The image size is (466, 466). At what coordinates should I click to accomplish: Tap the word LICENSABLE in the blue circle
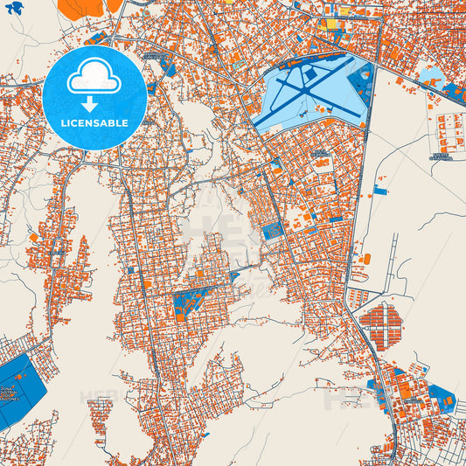pos(94,123)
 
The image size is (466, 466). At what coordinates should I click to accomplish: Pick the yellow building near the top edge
pos(332,24)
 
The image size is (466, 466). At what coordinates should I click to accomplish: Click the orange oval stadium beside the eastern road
pos(366,259)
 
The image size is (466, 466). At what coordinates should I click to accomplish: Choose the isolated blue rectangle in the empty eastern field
pos(380,190)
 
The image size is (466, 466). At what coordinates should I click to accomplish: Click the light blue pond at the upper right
pos(430,76)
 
